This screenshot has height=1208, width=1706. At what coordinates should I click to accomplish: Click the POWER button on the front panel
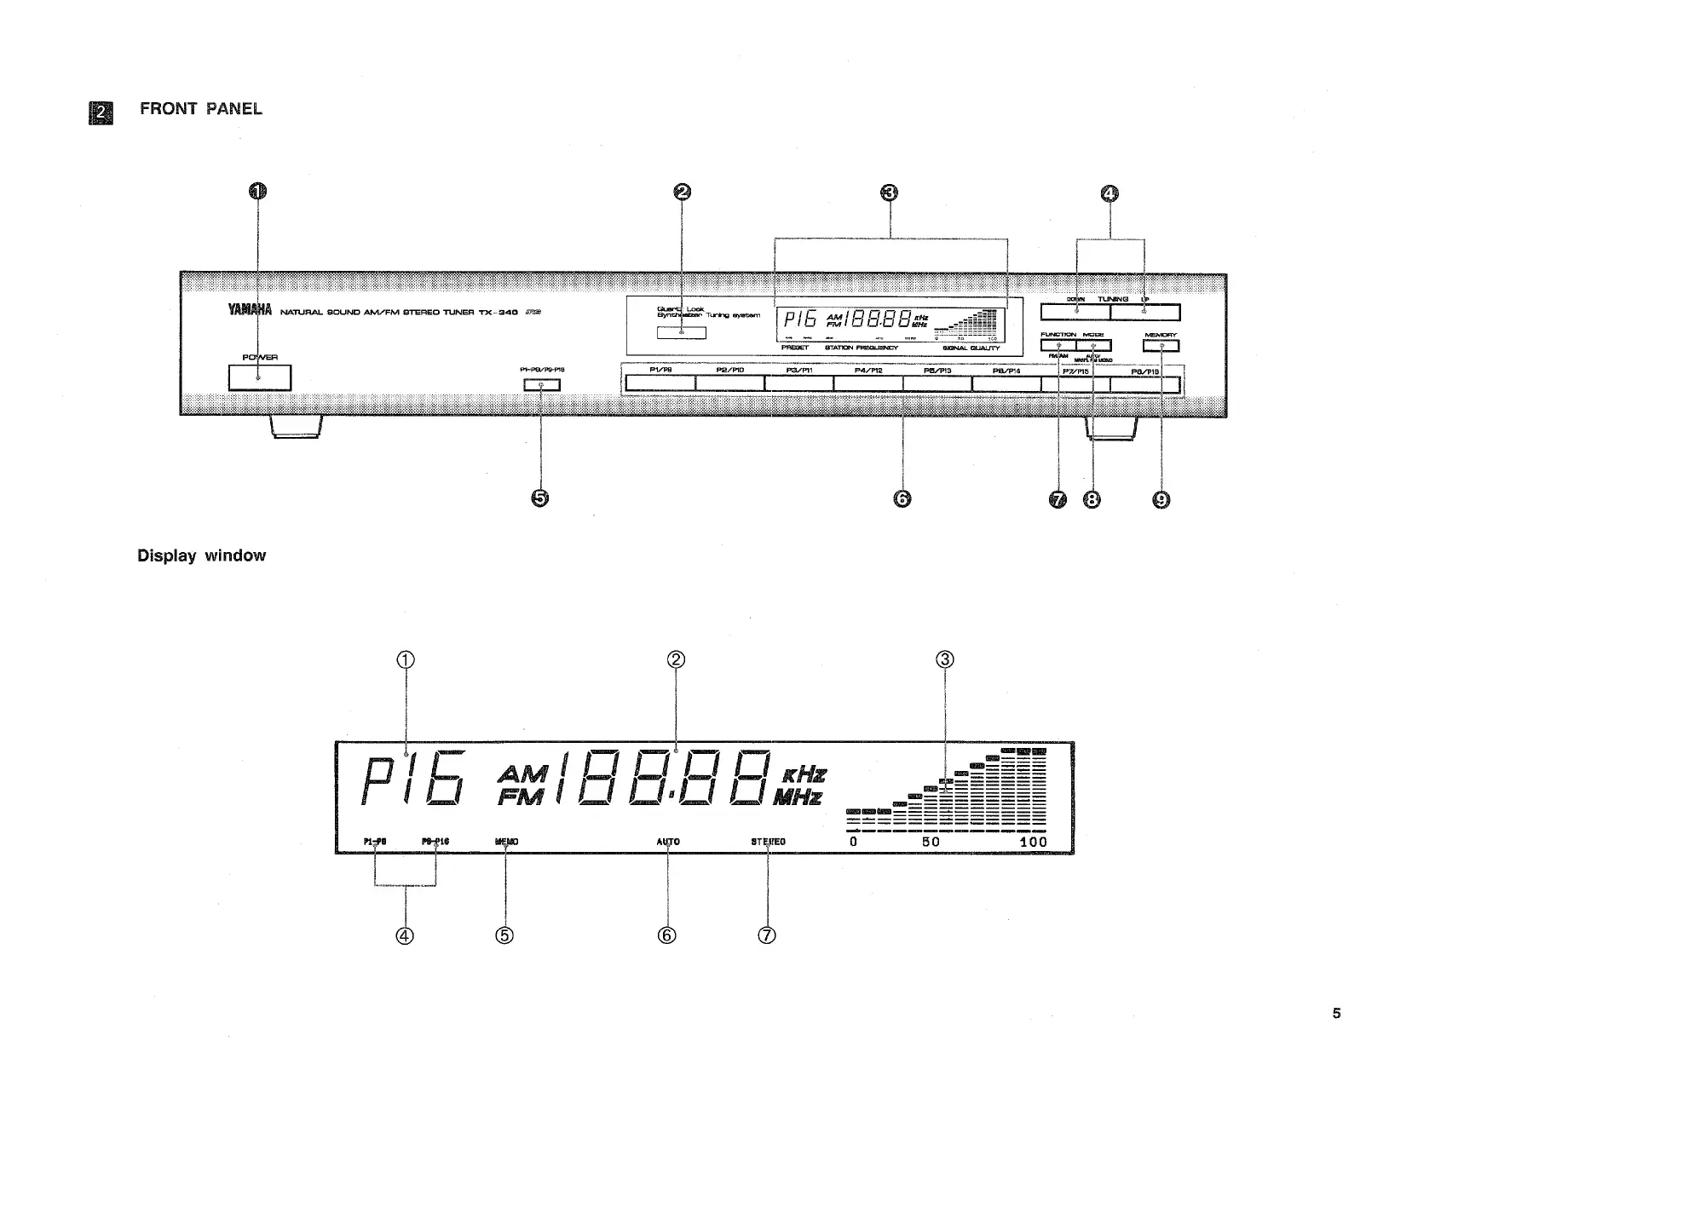[x=260, y=377]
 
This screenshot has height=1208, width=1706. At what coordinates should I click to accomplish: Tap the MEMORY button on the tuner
[x=1161, y=346]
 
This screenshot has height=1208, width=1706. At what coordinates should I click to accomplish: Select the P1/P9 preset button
[x=660, y=384]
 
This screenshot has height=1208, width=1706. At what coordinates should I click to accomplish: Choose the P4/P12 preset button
[x=867, y=384]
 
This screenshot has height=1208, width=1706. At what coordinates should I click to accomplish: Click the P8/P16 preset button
[x=1145, y=385]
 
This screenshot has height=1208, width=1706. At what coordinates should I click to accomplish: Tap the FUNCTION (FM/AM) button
[x=1058, y=345]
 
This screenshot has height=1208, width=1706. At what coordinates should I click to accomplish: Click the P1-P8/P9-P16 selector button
[x=542, y=385]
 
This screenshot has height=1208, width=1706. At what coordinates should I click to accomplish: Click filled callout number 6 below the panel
[x=902, y=499]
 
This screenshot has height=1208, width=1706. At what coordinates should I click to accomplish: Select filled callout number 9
[x=1161, y=500]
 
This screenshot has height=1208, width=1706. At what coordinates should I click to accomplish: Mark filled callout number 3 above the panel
[x=889, y=193]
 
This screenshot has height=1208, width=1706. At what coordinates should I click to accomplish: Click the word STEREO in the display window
[x=768, y=842]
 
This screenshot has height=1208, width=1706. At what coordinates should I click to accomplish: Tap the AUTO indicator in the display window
[x=668, y=842]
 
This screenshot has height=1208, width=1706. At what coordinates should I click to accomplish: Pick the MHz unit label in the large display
[x=798, y=798]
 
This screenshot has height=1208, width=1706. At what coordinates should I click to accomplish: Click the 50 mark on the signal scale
[x=931, y=842]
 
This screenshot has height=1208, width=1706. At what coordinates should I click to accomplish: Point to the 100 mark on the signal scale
[x=1033, y=842]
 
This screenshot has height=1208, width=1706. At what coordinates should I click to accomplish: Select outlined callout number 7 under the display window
[x=767, y=935]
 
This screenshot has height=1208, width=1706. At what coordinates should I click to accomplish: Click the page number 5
[x=1336, y=1013]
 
